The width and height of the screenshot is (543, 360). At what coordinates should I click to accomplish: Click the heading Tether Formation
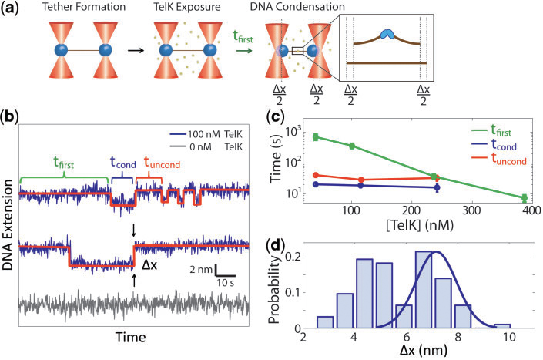click(75, 9)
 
